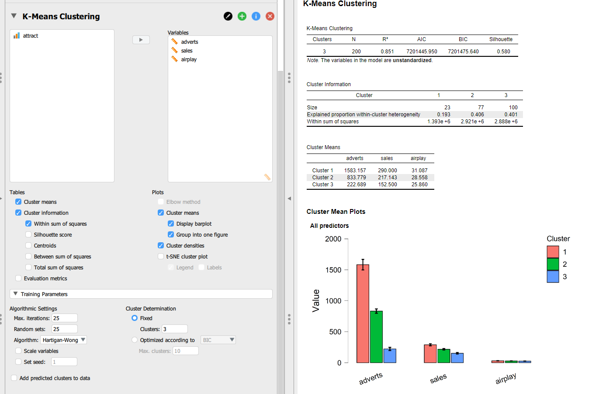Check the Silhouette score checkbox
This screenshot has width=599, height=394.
click(x=28, y=235)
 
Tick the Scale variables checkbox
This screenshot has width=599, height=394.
click(x=18, y=351)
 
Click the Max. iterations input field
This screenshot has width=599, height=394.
click(x=64, y=318)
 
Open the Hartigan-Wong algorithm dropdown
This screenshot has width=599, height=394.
click(x=64, y=340)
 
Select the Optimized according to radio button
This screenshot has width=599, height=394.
click(x=135, y=340)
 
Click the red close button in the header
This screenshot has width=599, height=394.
click(x=270, y=16)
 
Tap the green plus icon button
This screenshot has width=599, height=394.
click(x=242, y=16)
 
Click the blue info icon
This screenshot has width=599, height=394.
click(x=256, y=16)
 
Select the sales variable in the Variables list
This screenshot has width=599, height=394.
click(x=187, y=51)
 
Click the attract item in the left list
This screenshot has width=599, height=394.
click(x=30, y=36)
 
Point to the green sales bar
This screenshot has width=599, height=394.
click(x=443, y=356)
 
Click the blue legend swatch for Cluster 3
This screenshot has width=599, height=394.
click(x=553, y=276)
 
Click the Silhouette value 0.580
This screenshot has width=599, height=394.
click(x=503, y=52)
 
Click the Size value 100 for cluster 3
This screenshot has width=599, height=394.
click(x=513, y=108)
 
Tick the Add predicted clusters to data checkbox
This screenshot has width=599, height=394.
click(x=14, y=378)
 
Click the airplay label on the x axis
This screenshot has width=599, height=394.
click(x=506, y=378)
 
